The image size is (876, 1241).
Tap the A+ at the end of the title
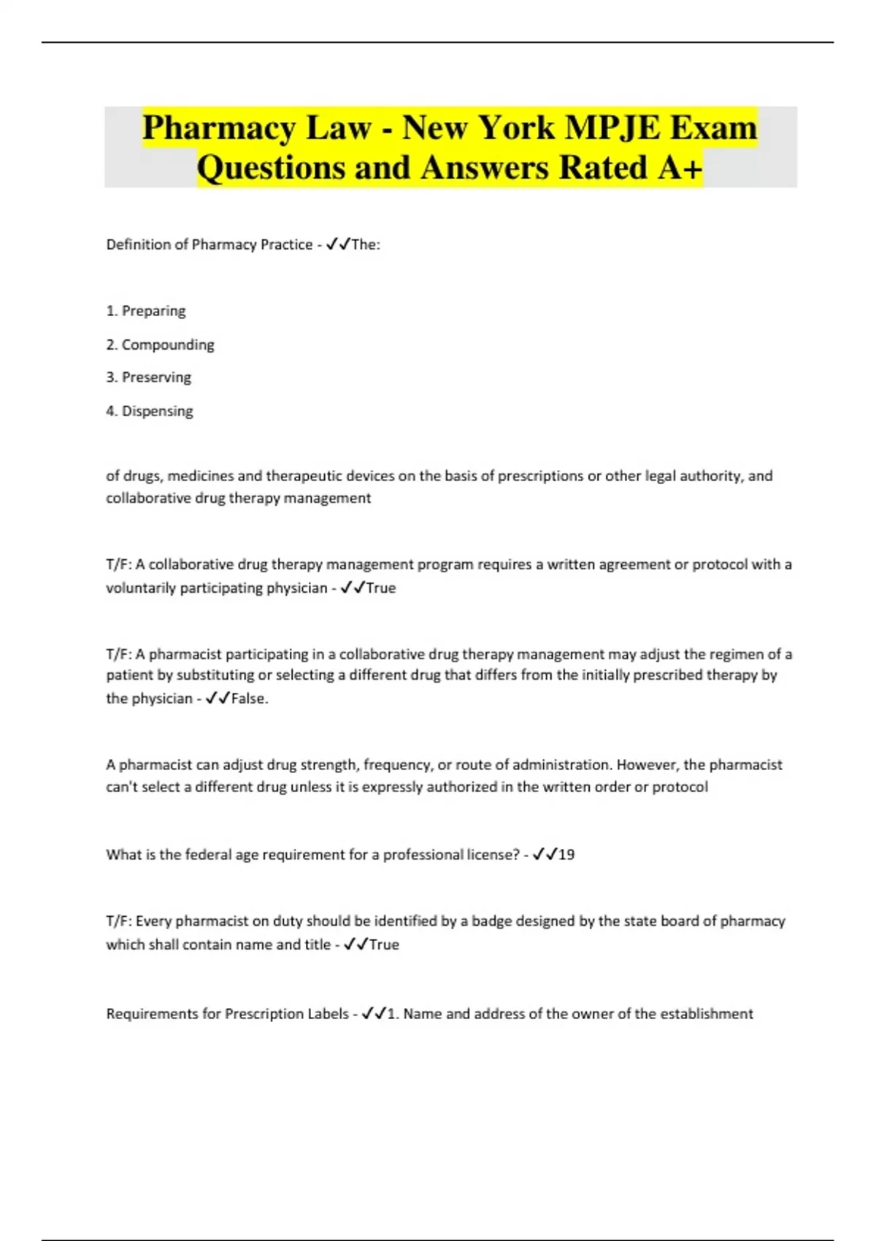pos(679,167)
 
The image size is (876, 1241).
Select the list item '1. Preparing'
pos(146,311)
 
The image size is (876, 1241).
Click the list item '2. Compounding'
pos(160,345)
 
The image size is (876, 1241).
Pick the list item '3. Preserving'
pos(148,377)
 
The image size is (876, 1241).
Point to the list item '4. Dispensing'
pos(150,411)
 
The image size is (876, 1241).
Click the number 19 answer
pos(566,855)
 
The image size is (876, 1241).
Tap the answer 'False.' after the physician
pos(250,699)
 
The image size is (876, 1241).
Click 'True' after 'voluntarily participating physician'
pos(380,588)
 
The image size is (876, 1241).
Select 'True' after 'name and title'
pos(384,945)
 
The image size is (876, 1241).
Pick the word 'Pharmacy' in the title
pos(218,128)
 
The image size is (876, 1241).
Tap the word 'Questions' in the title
pos(272,167)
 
